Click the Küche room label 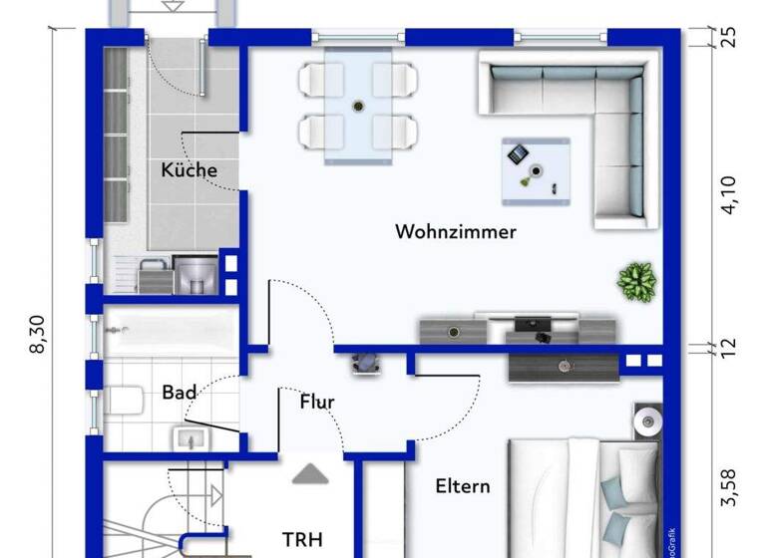(x=189, y=170)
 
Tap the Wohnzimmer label (x=456, y=232)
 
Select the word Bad (x=179, y=393)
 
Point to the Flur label (x=317, y=403)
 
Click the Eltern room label (x=463, y=486)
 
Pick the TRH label (x=302, y=539)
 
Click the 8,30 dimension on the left (x=40, y=332)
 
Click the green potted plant (x=635, y=281)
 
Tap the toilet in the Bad (x=123, y=404)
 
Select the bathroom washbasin (x=190, y=437)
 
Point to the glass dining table (x=358, y=105)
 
